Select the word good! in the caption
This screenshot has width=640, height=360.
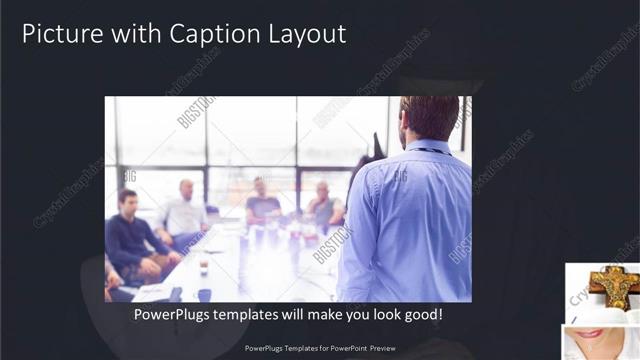[x=422, y=314]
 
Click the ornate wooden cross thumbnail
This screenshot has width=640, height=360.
[x=611, y=286]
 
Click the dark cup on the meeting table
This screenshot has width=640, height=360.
[x=203, y=267]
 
